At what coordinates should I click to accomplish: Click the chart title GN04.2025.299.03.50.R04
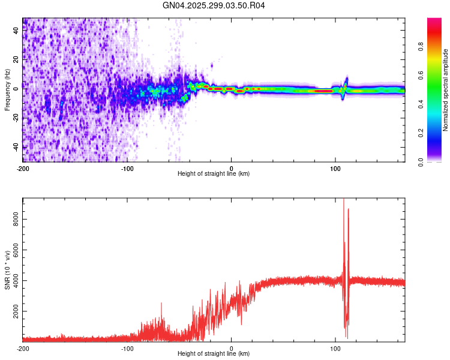click(x=214, y=5)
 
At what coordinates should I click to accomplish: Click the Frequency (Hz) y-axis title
click(x=7, y=90)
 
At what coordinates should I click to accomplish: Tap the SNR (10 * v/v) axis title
click(x=7, y=270)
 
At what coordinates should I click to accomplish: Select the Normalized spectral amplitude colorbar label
click(x=445, y=90)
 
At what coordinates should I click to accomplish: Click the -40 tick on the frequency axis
click(x=16, y=146)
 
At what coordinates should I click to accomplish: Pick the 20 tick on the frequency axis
click(x=16, y=59)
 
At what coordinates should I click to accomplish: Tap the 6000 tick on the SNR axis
click(x=16, y=251)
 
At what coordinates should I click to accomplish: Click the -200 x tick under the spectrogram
click(x=23, y=168)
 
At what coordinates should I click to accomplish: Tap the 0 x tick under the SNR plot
click(x=232, y=348)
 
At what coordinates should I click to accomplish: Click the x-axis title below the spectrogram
click(x=214, y=174)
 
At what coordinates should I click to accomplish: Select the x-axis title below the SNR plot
click(x=214, y=354)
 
